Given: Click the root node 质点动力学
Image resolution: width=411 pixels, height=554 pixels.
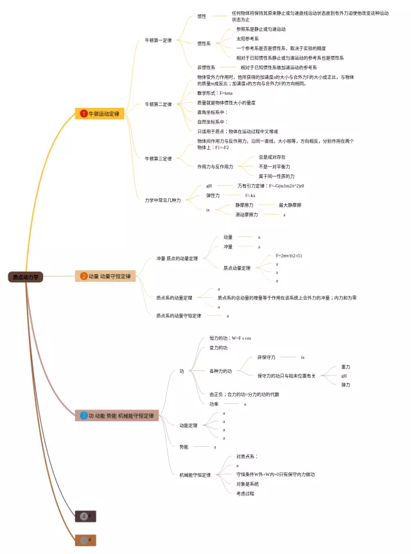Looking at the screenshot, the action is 26,277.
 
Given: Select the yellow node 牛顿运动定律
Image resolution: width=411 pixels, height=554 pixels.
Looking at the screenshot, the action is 99,114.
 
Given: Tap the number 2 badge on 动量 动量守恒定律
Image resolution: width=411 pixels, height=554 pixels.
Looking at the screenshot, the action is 84,276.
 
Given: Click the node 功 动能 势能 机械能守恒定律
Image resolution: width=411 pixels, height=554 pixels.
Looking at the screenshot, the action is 116,415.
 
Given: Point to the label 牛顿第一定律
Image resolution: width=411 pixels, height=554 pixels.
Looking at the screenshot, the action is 158,40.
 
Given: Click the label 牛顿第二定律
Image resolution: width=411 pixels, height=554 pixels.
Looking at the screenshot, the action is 158,104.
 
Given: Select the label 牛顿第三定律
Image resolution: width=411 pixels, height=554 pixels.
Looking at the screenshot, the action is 158,158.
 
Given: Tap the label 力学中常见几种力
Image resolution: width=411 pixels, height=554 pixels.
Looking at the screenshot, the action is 162,200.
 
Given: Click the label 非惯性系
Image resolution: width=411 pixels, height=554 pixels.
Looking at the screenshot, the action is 206,67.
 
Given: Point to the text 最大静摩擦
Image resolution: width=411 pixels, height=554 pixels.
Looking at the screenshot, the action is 290,205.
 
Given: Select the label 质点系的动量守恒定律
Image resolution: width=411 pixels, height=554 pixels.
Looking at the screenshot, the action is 179,316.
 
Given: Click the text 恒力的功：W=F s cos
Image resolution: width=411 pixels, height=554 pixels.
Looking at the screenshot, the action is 230,338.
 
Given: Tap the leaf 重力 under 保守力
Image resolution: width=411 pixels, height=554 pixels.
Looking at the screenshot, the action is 345,367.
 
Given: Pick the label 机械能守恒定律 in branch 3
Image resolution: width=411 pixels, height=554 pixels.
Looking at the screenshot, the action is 195,475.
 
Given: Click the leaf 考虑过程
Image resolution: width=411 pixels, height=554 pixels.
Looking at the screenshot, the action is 245,493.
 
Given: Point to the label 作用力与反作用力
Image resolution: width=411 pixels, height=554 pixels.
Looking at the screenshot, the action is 215,166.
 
